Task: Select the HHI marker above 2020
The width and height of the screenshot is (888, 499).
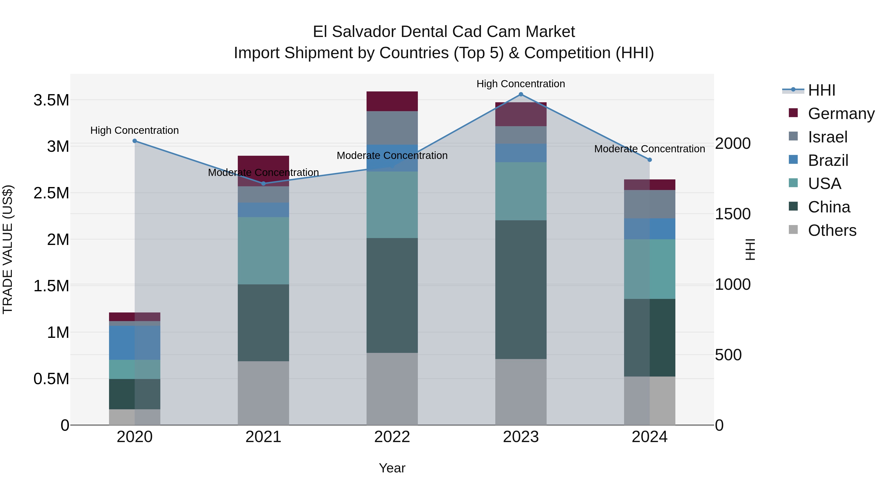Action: pyautogui.click(x=135, y=141)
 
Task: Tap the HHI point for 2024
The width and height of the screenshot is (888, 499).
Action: pyautogui.click(x=649, y=160)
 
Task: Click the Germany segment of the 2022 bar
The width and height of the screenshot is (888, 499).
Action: pyautogui.click(x=392, y=101)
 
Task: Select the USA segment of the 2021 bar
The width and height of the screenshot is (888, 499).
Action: pyautogui.click(x=263, y=250)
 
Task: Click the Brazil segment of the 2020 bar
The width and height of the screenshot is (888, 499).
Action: pyautogui.click(x=135, y=343)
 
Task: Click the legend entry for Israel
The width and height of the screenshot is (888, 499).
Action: pyautogui.click(x=827, y=137)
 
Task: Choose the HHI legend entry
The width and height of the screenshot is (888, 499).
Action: pyautogui.click(x=821, y=90)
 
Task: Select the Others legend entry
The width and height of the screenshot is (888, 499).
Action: pyautogui.click(x=832, y=230)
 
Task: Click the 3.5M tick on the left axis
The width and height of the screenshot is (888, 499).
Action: pyautogui.click(x=51, y=100)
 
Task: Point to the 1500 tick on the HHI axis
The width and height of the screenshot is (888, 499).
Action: pyautogui.click(x=733, y=214)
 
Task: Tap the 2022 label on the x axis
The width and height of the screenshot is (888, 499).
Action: pyautogui.click(x=392, y=437)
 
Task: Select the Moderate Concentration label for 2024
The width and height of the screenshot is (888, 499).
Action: pyautogui.click(x=649, y=149)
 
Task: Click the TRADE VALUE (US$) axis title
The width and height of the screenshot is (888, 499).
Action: pyautogui.click(x=8, y=249)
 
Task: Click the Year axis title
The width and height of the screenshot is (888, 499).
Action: pyautogui.click(x=392, y=468)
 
